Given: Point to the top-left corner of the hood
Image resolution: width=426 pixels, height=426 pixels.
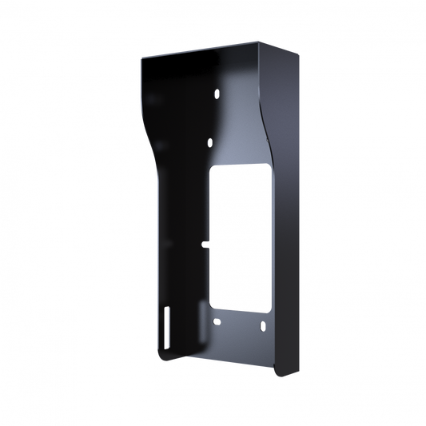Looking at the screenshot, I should [x=140, y=57].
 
